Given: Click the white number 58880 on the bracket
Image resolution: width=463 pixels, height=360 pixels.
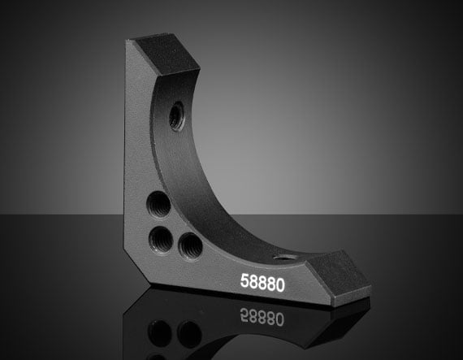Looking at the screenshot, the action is point(262,282).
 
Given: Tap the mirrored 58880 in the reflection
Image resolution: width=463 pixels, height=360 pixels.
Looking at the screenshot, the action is point(262,317).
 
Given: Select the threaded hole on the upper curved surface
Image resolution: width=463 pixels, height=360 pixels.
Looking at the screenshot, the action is point(176,115).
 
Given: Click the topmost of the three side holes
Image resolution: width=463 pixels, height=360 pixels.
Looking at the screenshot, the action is point(158,204).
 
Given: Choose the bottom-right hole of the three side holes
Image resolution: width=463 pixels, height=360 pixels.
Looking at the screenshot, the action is point(190,246).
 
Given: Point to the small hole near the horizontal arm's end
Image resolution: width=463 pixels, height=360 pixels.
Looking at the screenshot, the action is point(284,258).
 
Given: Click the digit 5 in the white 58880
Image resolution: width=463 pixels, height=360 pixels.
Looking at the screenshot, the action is point(244,280).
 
